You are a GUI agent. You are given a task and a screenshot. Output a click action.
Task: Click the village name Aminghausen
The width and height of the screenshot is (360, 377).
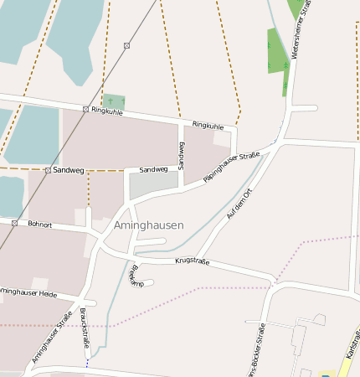click(x=148, y=225)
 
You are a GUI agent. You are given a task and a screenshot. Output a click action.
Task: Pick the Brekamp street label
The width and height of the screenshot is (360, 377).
click(x=133, y=276)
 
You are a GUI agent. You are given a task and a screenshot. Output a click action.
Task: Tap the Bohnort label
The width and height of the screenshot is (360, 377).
click(x=40, y=225)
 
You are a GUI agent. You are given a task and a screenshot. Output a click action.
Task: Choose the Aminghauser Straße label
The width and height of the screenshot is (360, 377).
click(x=52, y=338)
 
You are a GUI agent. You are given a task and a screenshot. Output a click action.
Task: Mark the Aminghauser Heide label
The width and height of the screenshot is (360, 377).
click(x=28, y=293)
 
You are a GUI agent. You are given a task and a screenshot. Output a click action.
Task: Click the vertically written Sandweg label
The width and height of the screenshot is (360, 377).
click(x=180, y=155)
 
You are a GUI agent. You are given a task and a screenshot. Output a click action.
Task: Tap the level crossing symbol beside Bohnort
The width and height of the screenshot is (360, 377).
click(x=15, y=223)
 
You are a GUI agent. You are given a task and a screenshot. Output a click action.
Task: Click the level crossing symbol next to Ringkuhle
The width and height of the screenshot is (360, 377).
click(x=85, y=110)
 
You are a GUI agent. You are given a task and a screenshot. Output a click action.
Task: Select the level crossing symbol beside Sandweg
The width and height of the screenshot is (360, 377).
click(x=47, y=170)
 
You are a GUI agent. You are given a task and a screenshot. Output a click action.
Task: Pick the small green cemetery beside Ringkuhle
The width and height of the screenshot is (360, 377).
click(x=114, y=101)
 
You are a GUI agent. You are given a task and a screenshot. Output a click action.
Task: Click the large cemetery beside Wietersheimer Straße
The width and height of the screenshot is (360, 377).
click(x=277, y=52)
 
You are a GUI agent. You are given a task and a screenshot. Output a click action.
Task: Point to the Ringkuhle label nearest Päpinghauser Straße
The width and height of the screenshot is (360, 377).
click(x=208, y=125)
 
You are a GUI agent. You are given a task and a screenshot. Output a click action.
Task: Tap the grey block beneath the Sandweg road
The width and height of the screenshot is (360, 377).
click(x=153, y=185)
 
